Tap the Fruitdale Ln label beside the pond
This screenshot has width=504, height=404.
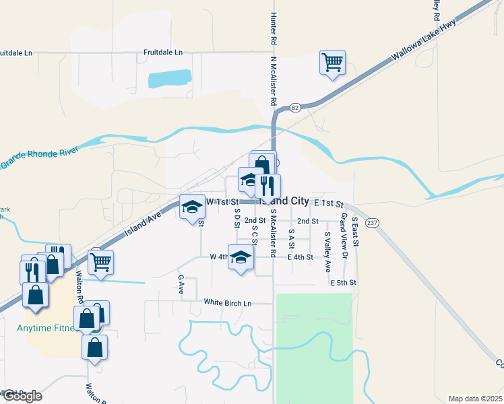click(x=163, y=52)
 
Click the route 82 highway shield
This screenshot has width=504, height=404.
click(x=295, y=107)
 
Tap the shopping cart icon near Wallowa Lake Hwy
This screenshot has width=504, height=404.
click(x=332, y=63)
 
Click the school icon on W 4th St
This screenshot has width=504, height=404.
click(x=241, y=257)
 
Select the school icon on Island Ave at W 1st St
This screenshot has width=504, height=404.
click(x=192, y=207)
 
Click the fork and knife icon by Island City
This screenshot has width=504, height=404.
click(x=268, y=185)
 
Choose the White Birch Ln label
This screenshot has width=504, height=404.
click(x=228, y=304)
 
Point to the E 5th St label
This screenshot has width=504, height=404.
click(x=343, y=282)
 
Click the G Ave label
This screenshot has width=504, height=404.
click(x=181, y=283)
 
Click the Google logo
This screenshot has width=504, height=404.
click(x=22, y=396)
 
